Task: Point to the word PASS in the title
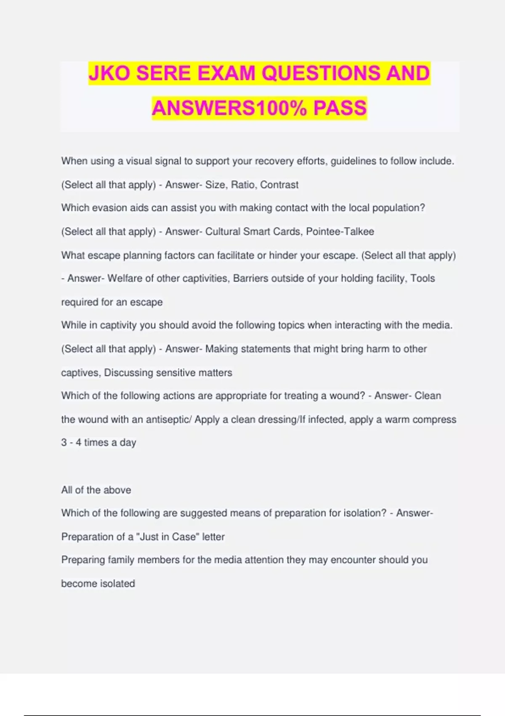pyautogui.click(x=340, y=108)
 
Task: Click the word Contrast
pyautogui.click(x=279, y=185)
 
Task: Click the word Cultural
pyautogui.click(x=223, y=232)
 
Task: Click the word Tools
pyautogui.click(x=423, y=278)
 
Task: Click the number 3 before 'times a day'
pyautogui.click(x=64, y=443)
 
